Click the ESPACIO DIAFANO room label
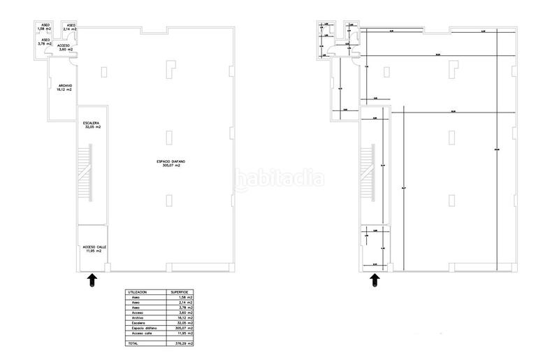[x=171, y=164]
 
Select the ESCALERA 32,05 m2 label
[x=92, y=127]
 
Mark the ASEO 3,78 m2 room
[x=45, y=43]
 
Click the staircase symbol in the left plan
[x=85, y=173]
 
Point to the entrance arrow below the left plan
[x=91, y=280]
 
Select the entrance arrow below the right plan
[x=375, y=280]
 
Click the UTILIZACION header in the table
[x=136, y=292]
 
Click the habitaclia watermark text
[x=279, y=179]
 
